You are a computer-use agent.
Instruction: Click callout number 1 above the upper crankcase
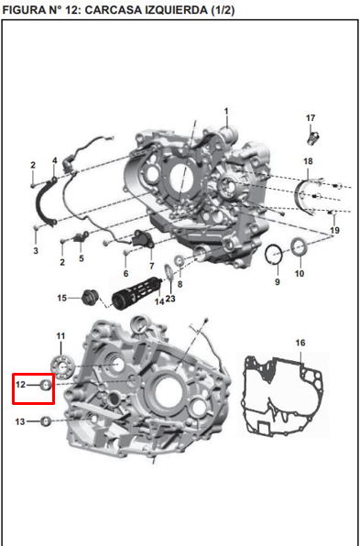tap(225, 112)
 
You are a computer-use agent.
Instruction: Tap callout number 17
tap(311, 118)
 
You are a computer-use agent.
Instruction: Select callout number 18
tap(309, 162)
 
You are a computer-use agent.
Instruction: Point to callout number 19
tap(334, 229)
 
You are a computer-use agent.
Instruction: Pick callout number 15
tap(62, 298)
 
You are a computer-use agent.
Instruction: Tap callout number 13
tap(20, 421)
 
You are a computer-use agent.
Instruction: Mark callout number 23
tap(170, 299)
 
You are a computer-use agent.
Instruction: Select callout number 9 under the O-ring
tap(277, 281)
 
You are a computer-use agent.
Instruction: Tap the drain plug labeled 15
tap(90, 297)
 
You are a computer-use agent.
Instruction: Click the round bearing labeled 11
tap(63, 369)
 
